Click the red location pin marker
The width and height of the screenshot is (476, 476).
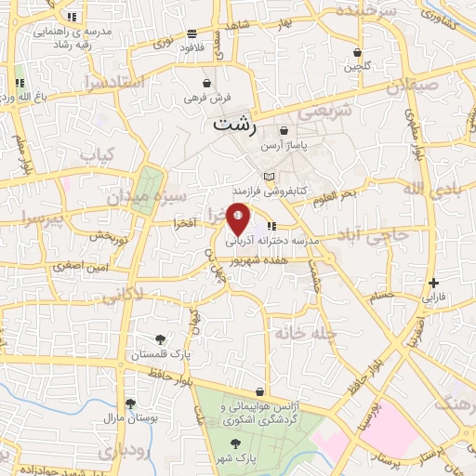(x=239, y=219)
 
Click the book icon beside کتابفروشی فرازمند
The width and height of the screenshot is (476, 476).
(x=270, y=177)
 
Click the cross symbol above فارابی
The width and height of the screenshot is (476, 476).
(x=435, y=283)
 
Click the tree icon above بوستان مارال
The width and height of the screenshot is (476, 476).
(x=130, y=404)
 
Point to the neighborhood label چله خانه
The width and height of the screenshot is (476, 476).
(x=297, y=332)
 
